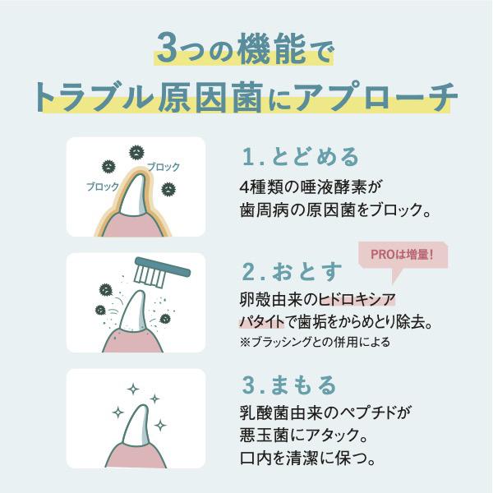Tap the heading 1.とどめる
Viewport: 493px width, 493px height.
point(288,155)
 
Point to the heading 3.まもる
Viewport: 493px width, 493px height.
point(288,385)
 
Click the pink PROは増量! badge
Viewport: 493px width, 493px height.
point(403,256)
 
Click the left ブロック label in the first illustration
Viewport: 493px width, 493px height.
point(102,187)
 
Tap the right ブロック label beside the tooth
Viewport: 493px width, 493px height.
point(164,167)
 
